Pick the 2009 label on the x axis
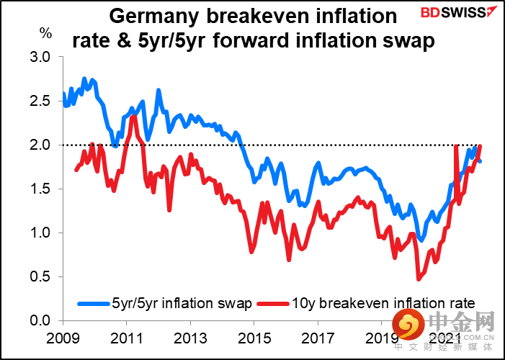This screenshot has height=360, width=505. (x=63, y=338)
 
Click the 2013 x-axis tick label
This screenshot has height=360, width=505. (x=191, y=338)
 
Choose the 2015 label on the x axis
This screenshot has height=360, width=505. (x=254, y=338)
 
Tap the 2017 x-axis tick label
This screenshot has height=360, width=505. (x=318, y=338)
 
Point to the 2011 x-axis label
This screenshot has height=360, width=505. (x=127, y=338)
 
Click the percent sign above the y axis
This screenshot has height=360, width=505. (x=45, y=33)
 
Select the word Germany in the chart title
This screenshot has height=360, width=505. (x=154, y=17)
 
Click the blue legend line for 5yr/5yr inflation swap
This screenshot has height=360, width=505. (x=94, y=303)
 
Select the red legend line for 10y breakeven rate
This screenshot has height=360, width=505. (x=273, y=303)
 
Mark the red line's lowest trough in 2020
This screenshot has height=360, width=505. (x=419, y=279)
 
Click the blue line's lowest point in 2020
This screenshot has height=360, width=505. (x=421, y=240)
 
